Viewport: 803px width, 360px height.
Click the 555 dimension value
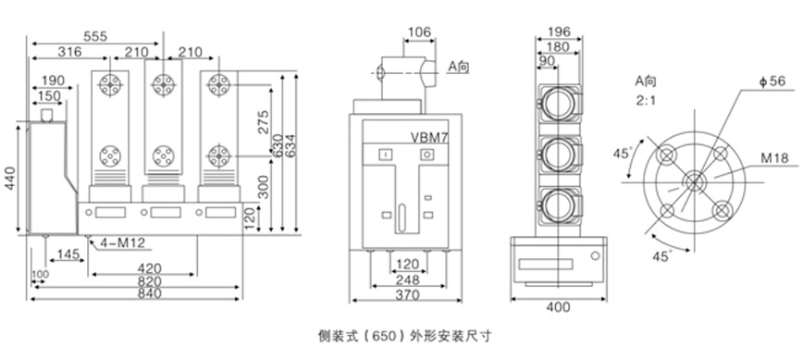pyautogui.click(x=95, y=36)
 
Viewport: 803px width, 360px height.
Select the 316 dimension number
pyautogui.click(x=69, y=52)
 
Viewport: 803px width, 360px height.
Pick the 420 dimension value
pyautogui.click(x=150, y=268)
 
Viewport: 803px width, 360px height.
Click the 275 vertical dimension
pyautogui.click(x=264, y=121)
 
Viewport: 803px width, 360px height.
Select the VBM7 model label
pyautogui.click(x=429, y=137)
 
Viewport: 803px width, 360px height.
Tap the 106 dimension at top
pyautogui.click(x=419, y=32)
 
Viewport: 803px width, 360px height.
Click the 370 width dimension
pyautogui.click(x=408, y=295)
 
